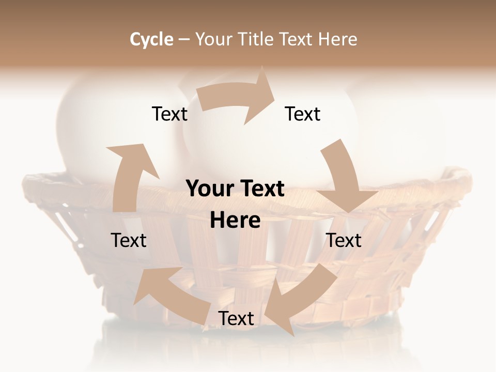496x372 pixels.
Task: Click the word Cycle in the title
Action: coord(151,39)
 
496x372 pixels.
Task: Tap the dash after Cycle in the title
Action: coord(184,39)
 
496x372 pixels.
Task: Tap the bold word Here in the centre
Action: coord(235,220)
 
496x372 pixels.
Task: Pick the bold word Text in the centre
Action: coord(261,189)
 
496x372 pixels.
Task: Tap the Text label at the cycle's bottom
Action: coord(236,318)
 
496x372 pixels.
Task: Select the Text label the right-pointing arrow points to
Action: coord(303,114)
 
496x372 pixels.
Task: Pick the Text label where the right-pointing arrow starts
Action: coord(169,114)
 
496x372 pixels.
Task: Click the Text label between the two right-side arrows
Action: coord(344,240)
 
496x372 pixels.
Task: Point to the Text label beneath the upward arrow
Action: coord(129,240)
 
